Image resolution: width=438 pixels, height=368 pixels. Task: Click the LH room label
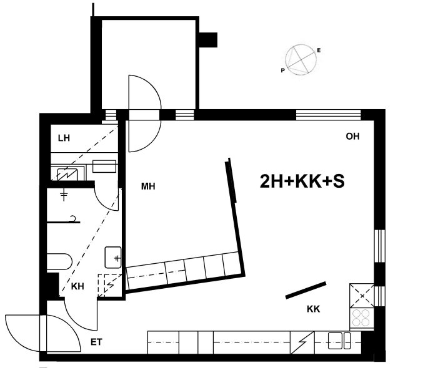coord(64,138)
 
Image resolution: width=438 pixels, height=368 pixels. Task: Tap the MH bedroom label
coord(148,186)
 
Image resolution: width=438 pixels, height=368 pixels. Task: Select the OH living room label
coord(352,137)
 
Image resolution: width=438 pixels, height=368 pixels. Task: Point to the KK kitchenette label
coord(314,309)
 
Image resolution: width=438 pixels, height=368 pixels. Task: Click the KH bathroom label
coord(77,286)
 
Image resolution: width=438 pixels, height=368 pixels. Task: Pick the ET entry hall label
coord(96,342)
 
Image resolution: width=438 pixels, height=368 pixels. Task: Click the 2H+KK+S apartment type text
coord(302,182)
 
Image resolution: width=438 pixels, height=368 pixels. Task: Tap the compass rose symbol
coord(301,60)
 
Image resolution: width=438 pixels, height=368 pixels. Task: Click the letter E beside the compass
coord(319,51)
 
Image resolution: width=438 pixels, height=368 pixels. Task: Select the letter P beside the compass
coord(282,70)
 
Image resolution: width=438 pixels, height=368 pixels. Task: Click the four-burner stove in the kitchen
coord(361,318)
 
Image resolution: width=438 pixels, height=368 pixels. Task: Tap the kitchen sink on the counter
coord(339,341)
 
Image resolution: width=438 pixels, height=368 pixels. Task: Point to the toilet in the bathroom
coord(59,261)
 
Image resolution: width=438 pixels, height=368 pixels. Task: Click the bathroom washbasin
coord(113,258)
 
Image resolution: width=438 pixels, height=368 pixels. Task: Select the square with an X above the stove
coord(362,296)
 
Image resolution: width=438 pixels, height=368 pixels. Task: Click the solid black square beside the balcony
coord(208,40)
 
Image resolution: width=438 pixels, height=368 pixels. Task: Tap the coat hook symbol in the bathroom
coord(73,218)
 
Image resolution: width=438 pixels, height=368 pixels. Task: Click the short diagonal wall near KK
coord(306,290)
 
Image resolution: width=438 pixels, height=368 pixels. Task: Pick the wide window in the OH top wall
coord(328,115)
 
